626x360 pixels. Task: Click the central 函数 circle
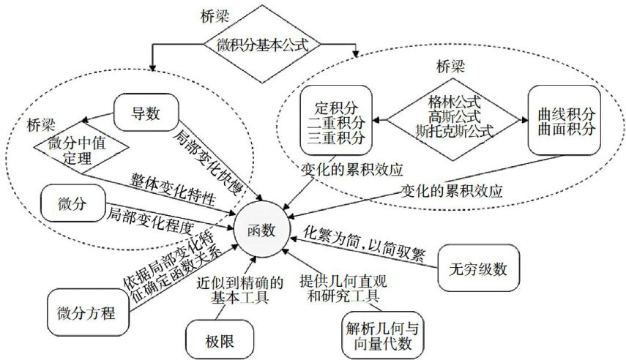pyautogui.click(x=261, y=228)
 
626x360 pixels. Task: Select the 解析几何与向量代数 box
pyautogui.click(x=383, y=333)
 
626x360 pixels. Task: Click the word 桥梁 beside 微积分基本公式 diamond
pyautogui.click(x=215, y=15)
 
